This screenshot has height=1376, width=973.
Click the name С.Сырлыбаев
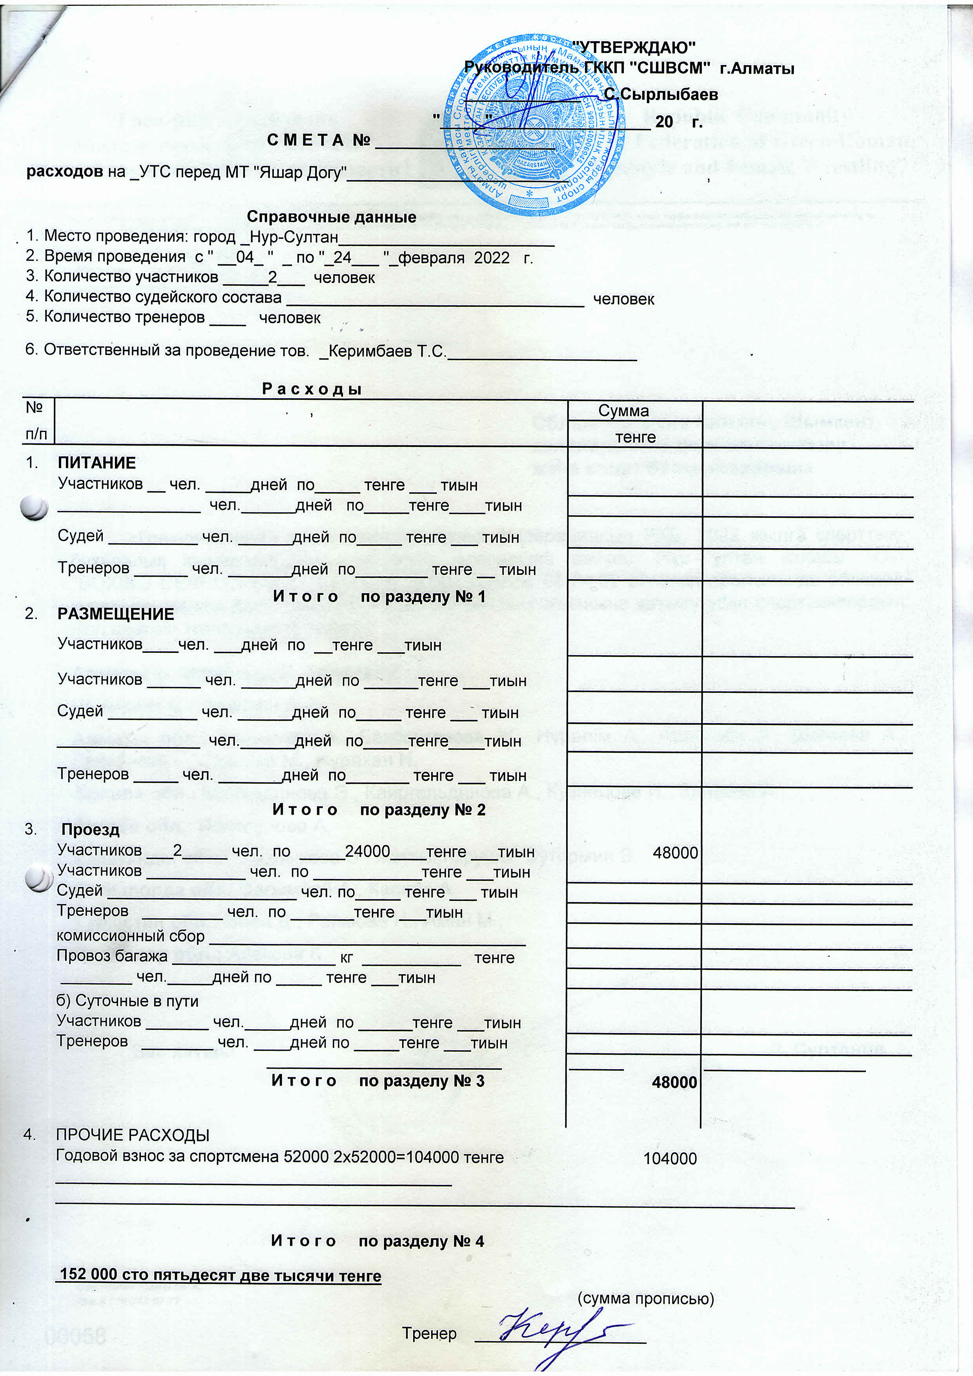coord(660,94)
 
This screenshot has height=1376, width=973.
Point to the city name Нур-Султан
coord(293,236)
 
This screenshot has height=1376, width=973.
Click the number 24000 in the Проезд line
coord(367,851)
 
